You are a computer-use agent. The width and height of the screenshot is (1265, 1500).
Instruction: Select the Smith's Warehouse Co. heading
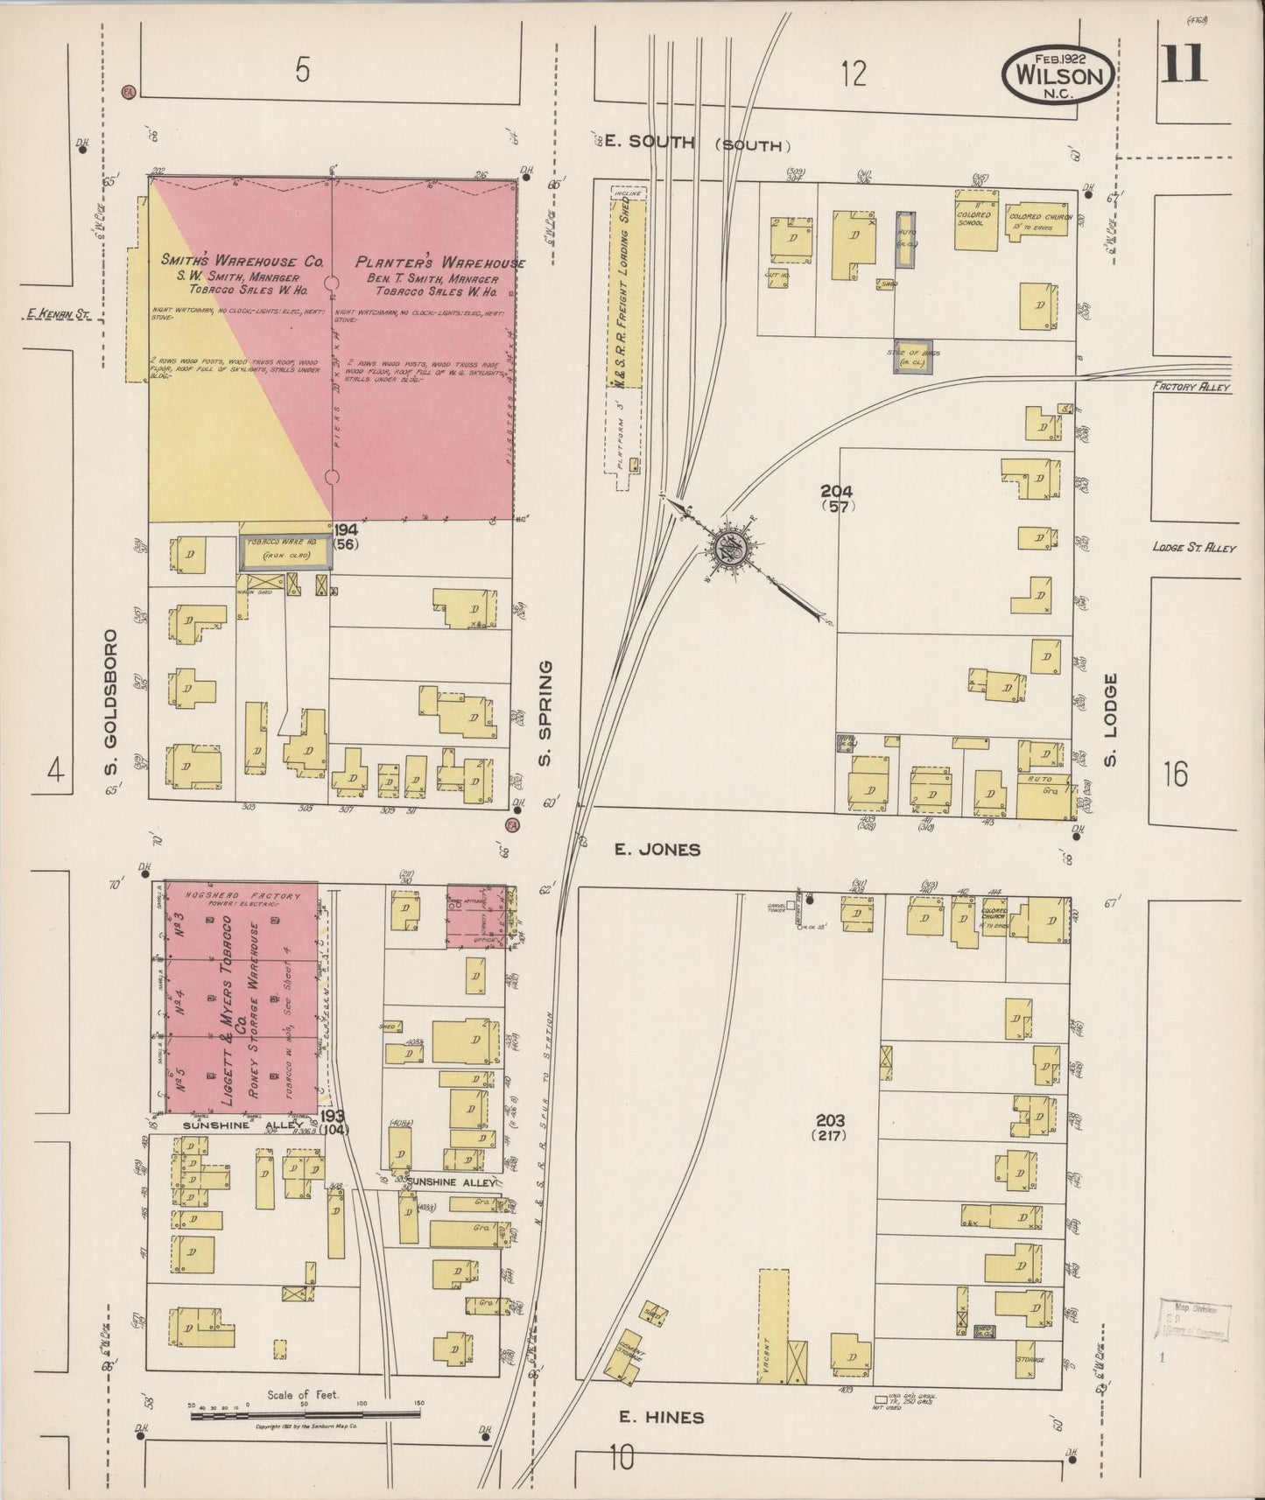(242, 262)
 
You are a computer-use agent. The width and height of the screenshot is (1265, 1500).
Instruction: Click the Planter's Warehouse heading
(439, 263)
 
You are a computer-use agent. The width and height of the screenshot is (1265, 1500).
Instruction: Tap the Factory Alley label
(1191, 386)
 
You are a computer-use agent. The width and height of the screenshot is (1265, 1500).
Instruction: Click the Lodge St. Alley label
(1194, 548)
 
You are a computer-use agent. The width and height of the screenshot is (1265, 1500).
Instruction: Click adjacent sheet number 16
(1177, 774)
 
